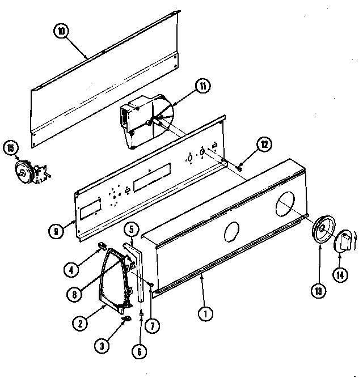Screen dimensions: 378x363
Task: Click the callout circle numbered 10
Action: pyautogui.click(x=61, y=31)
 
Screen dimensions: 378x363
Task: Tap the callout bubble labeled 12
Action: pyautogui.click(x=262, y=144)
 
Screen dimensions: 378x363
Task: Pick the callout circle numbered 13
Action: pyautogui.click(x=317, y=291)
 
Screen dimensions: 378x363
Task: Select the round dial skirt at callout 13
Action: pyautogui.click(x=322, y=230)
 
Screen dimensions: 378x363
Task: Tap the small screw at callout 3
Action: pyautogui.click(x=126, y=321)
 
